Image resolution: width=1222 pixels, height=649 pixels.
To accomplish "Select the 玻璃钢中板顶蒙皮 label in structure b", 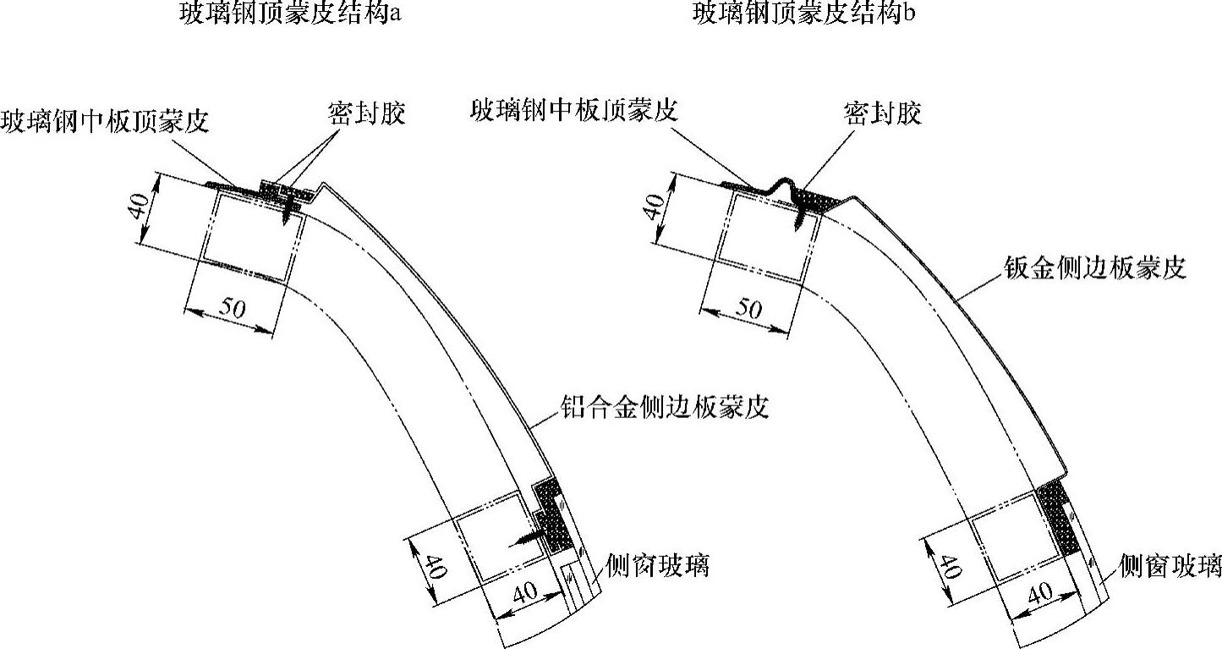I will click(x=573, y=109).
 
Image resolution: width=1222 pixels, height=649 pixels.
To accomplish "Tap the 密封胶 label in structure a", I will click(x=366, y=113).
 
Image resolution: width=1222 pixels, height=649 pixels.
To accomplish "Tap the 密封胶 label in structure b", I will click(x=882, y=113).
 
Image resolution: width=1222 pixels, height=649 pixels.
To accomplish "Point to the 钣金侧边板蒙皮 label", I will click(x=1091, y=268).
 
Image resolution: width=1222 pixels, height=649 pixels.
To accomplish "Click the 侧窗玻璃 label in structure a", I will click(x=657, y=564).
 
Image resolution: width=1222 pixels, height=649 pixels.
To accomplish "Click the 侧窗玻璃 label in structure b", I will click(x=1170, y=564).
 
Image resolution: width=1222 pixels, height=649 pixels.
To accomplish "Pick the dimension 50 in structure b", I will click(x=747, y=310).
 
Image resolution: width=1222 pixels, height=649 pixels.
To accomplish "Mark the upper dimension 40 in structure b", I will click(x=656, y=206).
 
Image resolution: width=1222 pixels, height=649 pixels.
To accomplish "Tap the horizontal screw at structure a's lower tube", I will click(x=526, y=536).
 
